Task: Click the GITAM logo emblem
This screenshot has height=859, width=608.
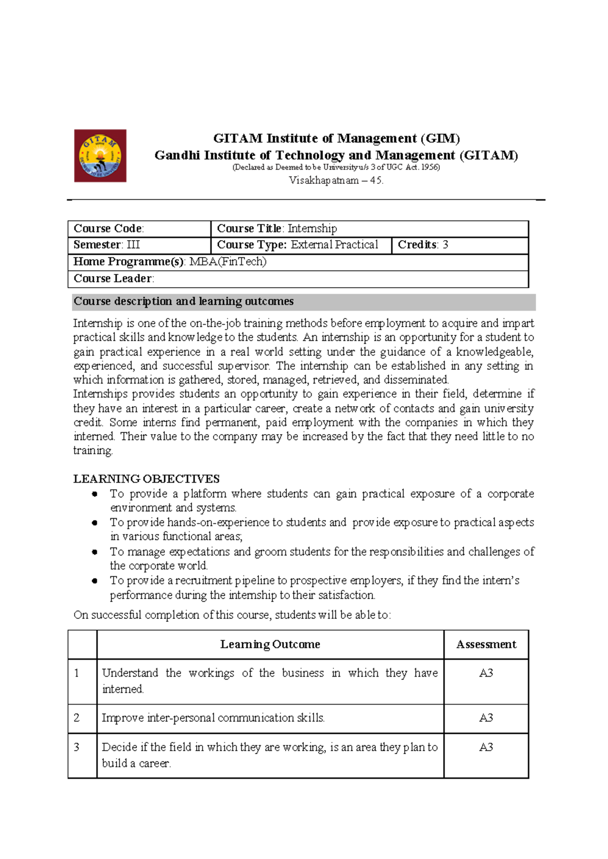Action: click(100, 155)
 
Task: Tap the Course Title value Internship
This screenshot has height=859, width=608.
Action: click(312, 228)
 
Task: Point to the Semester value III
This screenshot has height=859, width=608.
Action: click(133, 245)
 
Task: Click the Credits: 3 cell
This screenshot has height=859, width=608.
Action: click(423, 245)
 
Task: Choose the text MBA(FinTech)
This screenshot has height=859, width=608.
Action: click(227, 261)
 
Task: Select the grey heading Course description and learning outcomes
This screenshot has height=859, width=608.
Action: click(183, 301)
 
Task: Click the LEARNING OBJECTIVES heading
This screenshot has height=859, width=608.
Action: click(146, 479)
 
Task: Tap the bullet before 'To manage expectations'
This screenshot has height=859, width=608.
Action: click(94, 552)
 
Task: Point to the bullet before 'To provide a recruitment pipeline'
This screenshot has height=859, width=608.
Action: click(94, 581)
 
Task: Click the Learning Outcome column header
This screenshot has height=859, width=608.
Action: click(270, 644)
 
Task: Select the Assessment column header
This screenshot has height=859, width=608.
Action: click(486, 644)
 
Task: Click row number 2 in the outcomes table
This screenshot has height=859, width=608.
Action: click(77, 718)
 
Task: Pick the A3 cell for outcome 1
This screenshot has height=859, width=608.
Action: click(486, 673)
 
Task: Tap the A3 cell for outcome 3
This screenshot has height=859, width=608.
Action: click(486, 747)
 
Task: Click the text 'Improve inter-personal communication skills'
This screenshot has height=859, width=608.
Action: click(213, 718)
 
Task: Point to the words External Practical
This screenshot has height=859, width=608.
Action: click(334, 245)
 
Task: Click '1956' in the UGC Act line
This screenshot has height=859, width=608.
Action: click(430, 167)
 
